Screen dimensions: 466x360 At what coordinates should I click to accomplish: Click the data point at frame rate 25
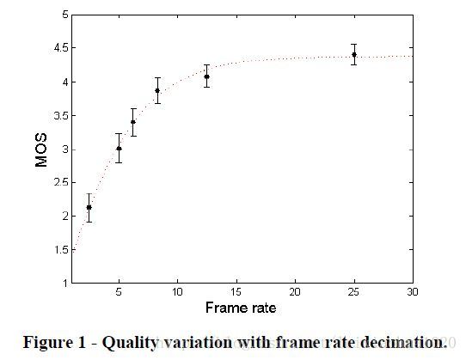coord(354,55)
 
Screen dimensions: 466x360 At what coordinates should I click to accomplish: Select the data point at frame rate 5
coord(119,149)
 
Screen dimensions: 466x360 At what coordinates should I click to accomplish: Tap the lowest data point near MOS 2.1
coord(89,207)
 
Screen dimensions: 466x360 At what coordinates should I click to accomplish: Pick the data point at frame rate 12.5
coord(207,76)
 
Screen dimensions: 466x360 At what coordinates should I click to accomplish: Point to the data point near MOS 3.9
coord(157,90)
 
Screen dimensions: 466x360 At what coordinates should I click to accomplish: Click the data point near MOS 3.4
coord(133,122)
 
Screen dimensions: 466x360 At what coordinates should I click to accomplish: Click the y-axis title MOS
coord(41,150)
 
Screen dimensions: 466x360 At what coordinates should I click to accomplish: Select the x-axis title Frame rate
coord(241,308)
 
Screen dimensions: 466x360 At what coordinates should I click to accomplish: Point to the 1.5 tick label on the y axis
coord(61,250)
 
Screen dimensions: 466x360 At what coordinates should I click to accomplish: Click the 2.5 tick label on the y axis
coord(61,183)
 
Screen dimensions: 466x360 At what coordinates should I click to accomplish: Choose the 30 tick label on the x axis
coord(413,292)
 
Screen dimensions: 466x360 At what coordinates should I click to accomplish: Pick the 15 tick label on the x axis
coord(236,292)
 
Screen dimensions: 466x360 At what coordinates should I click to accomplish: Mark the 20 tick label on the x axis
coord(295,292)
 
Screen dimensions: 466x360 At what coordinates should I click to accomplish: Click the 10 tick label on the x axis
coord(177,292)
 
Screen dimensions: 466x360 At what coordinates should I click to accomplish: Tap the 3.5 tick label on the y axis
coord(61,116)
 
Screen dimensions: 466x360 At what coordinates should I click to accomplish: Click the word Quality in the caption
coord(130,343)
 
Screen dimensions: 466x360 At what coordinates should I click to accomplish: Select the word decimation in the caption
coord(404,343)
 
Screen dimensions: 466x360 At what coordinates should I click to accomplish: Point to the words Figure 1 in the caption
coord(54,343)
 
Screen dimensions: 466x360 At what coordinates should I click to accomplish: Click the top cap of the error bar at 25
coord(354,45)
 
